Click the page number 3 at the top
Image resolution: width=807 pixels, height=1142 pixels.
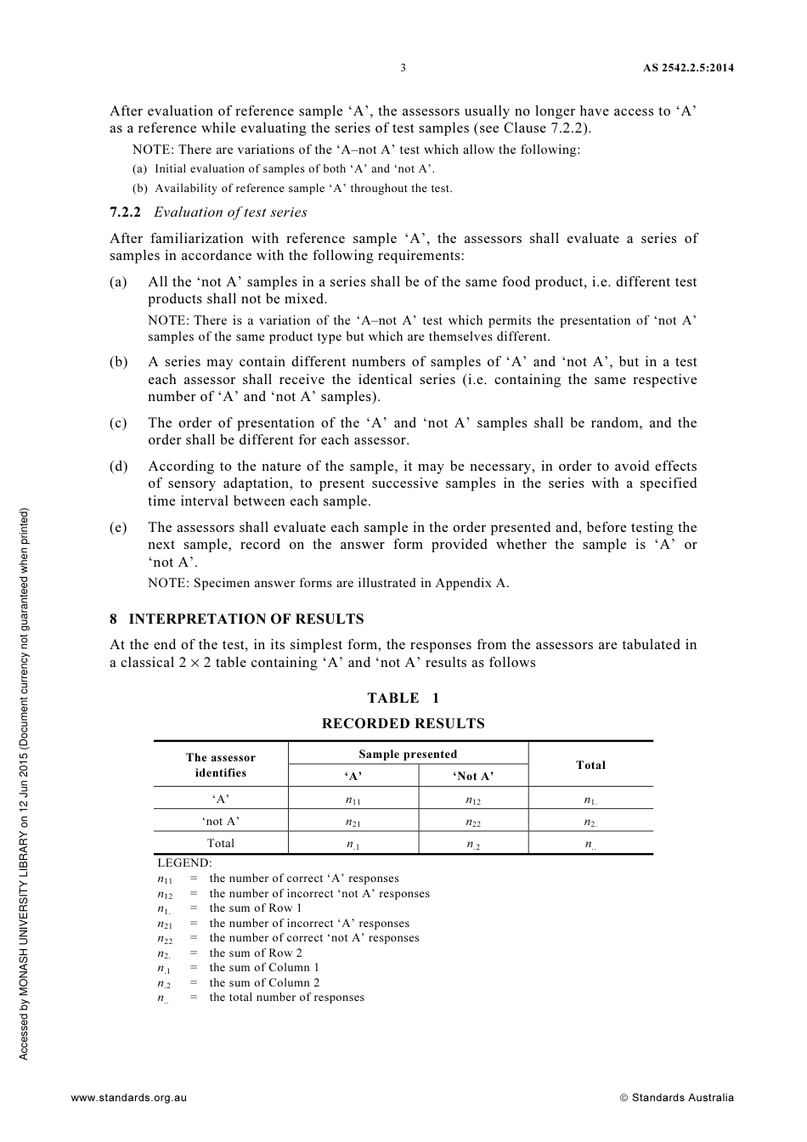[x=403, y=68]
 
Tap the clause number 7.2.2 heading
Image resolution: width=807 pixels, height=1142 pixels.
[x=126, y=212]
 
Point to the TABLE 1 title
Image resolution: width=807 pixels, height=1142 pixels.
[x=403, y=698]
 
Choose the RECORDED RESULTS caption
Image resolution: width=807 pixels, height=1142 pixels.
[x=403, y=724]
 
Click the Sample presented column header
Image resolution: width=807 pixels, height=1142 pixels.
[x=408, y=755]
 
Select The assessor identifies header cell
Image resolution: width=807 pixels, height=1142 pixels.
[x=221, y=766]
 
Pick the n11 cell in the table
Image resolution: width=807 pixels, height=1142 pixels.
[x=353, y=800]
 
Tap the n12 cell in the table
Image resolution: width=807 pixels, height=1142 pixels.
[x=473, y=800]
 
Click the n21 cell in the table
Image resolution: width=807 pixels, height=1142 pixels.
[x=353, y=823]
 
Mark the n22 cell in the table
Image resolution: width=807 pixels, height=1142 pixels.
[x=473, y=823]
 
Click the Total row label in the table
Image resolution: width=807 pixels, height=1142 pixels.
[x=221, y=844]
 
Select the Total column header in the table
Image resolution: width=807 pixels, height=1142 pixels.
[x=590, y=766]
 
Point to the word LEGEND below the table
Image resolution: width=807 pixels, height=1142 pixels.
[x=184, y=863]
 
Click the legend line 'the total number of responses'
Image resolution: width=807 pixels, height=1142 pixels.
[x=287, y=998]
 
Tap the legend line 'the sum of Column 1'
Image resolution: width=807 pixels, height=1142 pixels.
[x=265, y=968]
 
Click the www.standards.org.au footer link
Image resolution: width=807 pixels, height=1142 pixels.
[x=129, y=1098]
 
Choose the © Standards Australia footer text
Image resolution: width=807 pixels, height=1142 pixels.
[x=676, y=1098]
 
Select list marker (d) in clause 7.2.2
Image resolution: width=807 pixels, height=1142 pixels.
[x=119, y=466]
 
